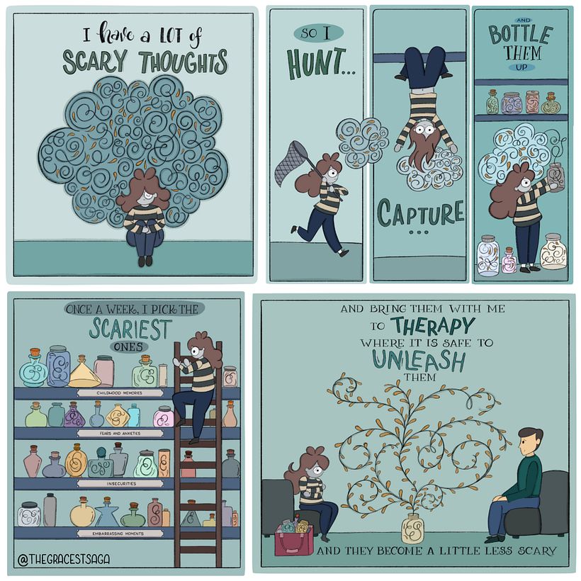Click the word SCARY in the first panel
[95, 62]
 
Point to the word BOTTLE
[521, 35]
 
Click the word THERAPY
[431, 326]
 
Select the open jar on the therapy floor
[413, 529]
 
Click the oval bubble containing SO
[318, 33]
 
